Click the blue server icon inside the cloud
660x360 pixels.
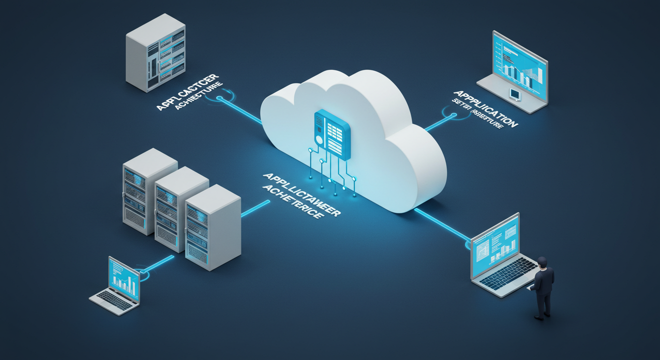pyautogui.click(x=331, y=134)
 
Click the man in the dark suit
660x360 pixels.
pyautogui.click(x=543, y=288)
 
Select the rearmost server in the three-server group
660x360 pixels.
pyautogui.click(x=146, y=187)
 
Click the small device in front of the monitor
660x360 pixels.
pyautogui.click(x=515, y=94)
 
